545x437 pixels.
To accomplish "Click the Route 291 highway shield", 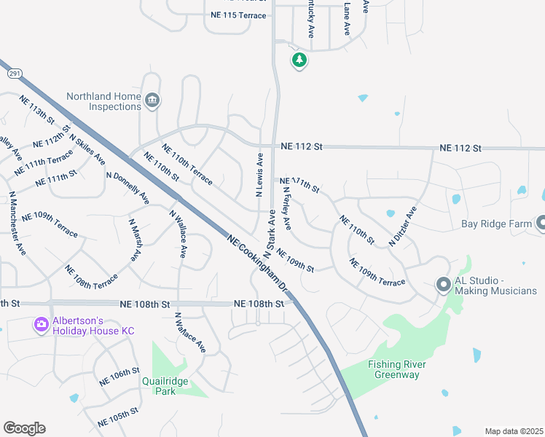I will (x=14, y=74).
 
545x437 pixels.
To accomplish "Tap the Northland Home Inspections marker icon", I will (x=152, y=101).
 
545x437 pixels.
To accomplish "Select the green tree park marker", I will (x=299, y=60).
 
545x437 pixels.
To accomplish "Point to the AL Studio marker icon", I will (x=443, y=285).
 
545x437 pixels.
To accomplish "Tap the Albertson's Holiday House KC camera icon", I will (x=42, y=323).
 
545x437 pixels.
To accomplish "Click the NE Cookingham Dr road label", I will (x=259, y=266).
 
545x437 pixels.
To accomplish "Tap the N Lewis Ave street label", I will (x=259, y=175).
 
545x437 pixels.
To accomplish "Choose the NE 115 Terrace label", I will (x=238, y=15).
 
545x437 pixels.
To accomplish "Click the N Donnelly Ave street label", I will (x=128, y=188).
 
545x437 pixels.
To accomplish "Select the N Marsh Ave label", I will (x=135, y=240).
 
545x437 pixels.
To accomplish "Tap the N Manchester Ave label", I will (x=17, y=224).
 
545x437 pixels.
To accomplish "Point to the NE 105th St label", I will (x=119, y=417).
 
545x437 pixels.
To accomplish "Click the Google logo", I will (x=24, y=428).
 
